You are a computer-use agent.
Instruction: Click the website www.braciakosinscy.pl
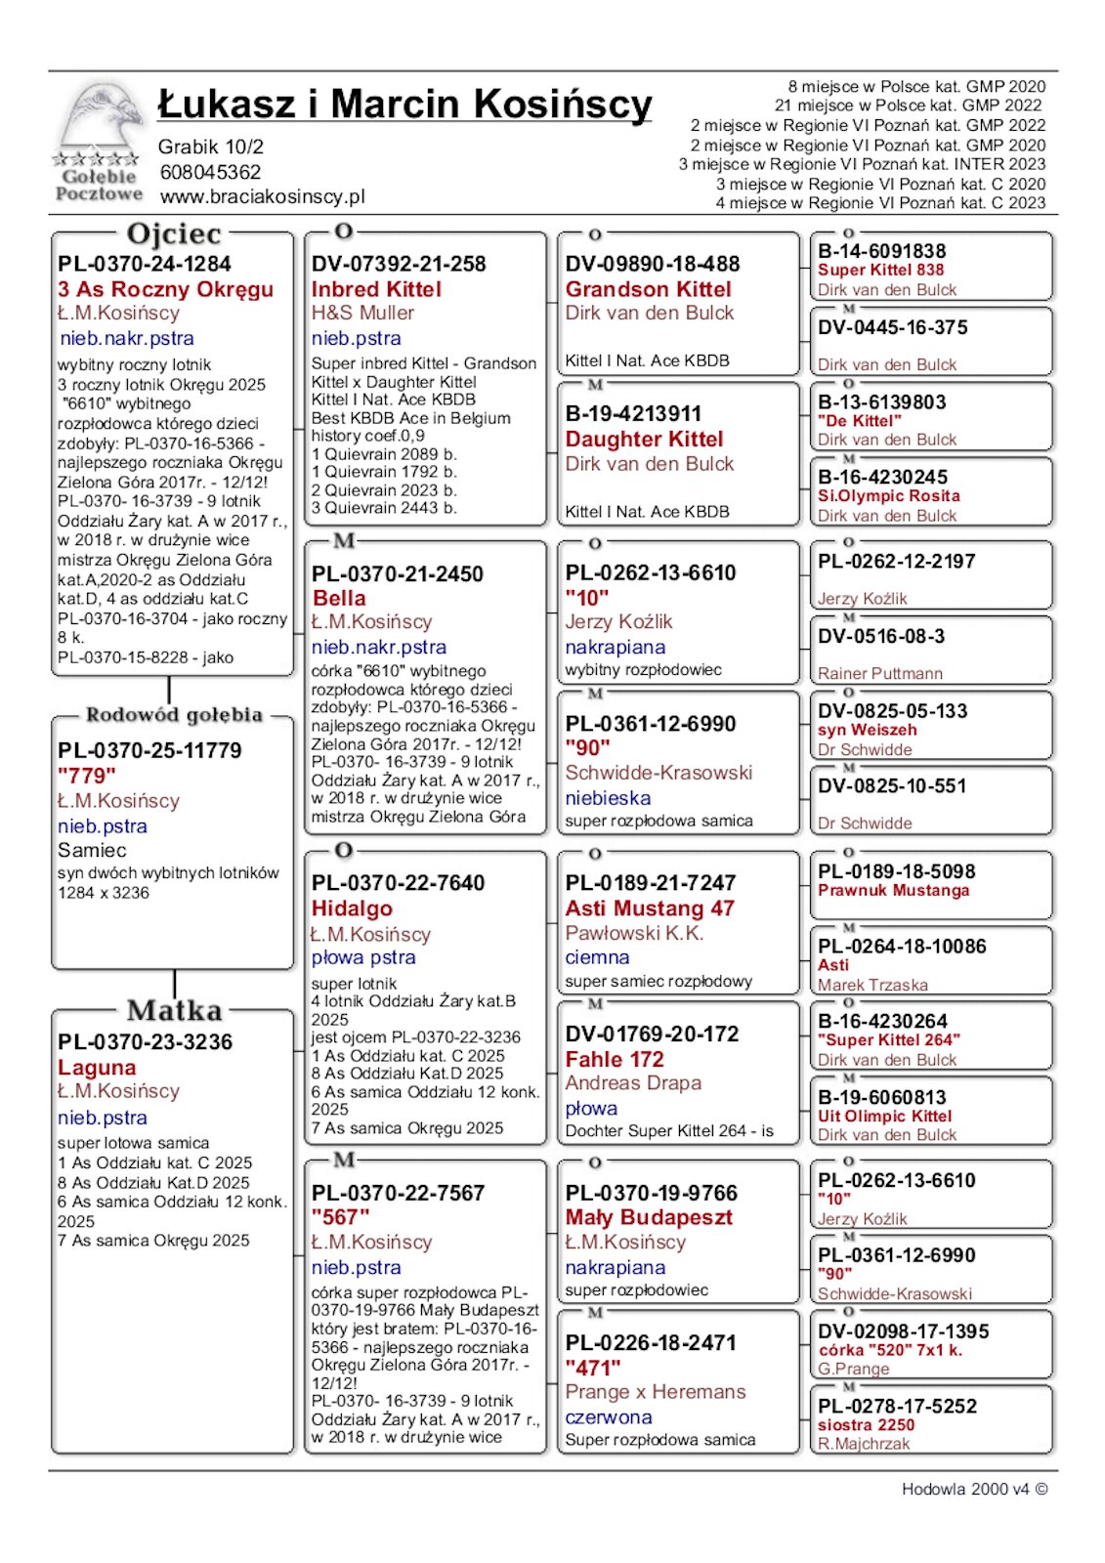click(x=262, y=196)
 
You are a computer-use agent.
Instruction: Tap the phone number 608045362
click(x=210, y=172)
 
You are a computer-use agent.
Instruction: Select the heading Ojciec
click(x=174, y=234)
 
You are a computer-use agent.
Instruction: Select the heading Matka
click(x=174, y=1010)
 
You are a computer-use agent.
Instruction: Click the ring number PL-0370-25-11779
click(x=149, y=750)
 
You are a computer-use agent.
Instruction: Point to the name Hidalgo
click(x=352, y=908)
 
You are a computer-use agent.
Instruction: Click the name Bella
click(x=339, y=598)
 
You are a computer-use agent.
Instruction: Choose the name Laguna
click(x=97, y=1067)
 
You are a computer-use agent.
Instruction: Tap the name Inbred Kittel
click(x=376, y=289)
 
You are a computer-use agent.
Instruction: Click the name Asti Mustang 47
click(x=650, y=908)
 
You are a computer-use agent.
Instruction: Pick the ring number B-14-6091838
click(x=882, y=251)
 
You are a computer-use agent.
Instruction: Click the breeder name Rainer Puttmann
click(x=880, y=673)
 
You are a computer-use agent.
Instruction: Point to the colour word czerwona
click(x=608, y=1416)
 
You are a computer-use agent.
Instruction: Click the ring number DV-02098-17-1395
click(x=903, y=1331)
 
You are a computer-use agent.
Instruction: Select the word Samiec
click(x=92, y=850)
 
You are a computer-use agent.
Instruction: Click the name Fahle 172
click(x=615, y=1059)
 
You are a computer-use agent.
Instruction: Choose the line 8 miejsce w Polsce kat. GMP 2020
click(x=916, y=87)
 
